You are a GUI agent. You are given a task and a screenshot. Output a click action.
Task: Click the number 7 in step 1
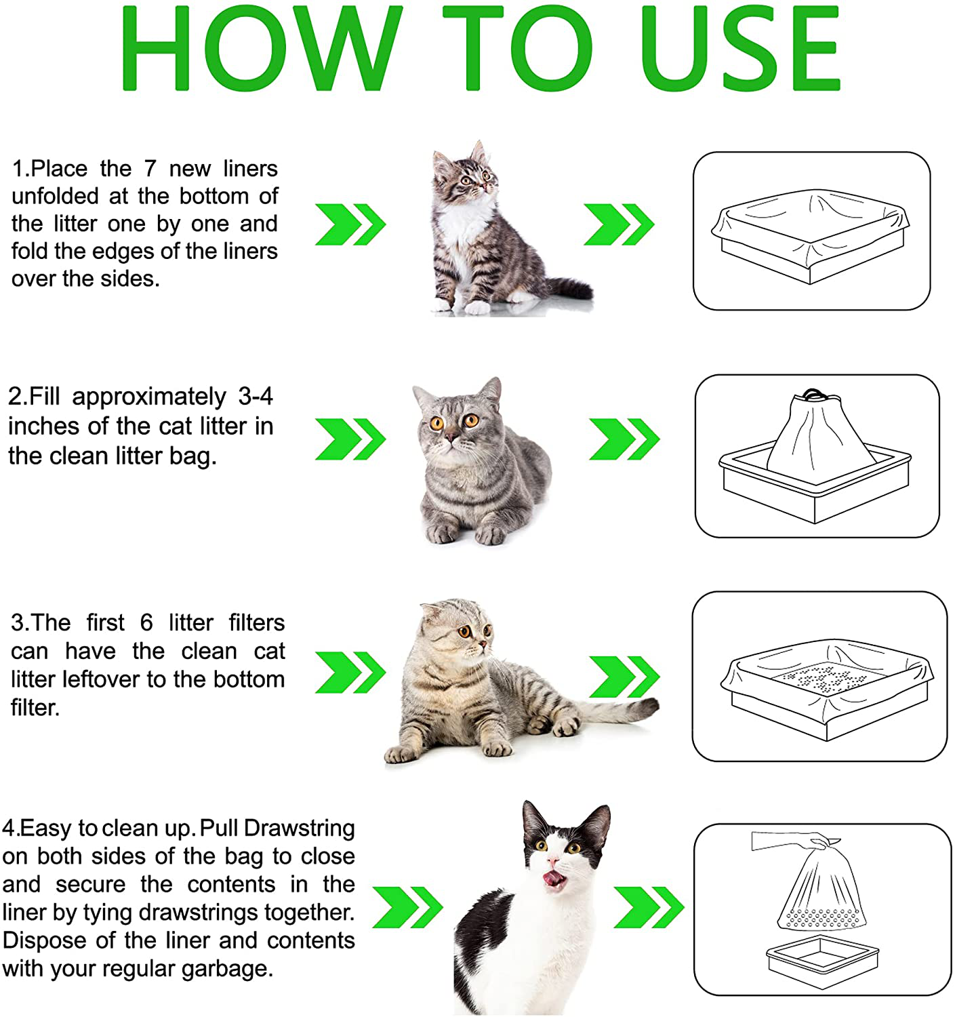[x=150, y=168]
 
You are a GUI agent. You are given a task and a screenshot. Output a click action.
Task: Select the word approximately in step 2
[x=149, y=397]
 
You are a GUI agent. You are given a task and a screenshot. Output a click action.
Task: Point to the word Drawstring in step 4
[x=299, y=828]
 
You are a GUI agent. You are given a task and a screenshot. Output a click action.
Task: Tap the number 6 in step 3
[x=146, y=622]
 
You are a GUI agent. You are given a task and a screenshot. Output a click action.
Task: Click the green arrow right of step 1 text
[x=350, y=224]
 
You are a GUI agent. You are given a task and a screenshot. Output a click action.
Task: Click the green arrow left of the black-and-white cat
[x=407, y=906]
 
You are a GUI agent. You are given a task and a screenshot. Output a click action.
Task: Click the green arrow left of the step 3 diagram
[x=624, y=676]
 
